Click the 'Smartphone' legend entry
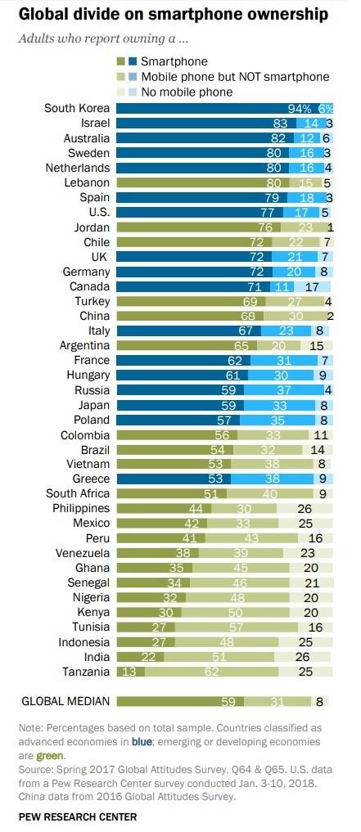coord(174,61)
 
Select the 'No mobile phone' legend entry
coord(187,92)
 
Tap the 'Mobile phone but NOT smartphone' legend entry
coord(235,77)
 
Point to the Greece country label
coord(90,479)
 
